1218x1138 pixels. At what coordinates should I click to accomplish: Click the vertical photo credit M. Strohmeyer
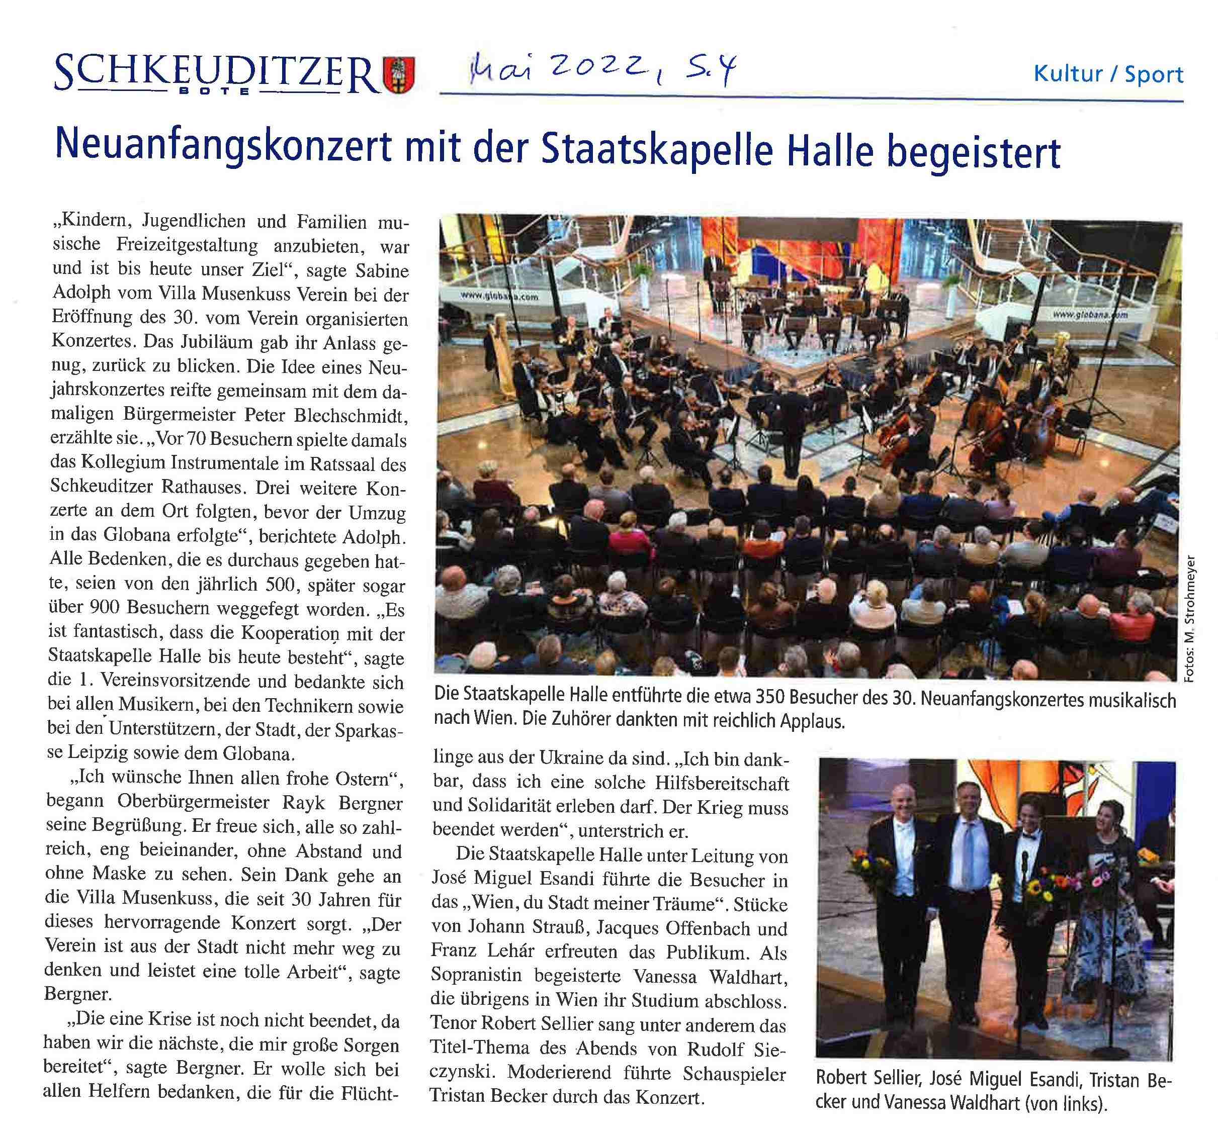1190,619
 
